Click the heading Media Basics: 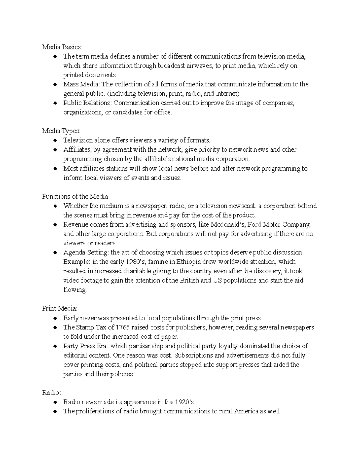click(x=61, y=47)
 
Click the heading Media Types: click(x=61, y=131)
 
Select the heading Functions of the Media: click(x=76, y=197)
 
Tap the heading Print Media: click(x=60, y=308)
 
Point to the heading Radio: click(x=52, y=392)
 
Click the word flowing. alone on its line click(x=75, y=290)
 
